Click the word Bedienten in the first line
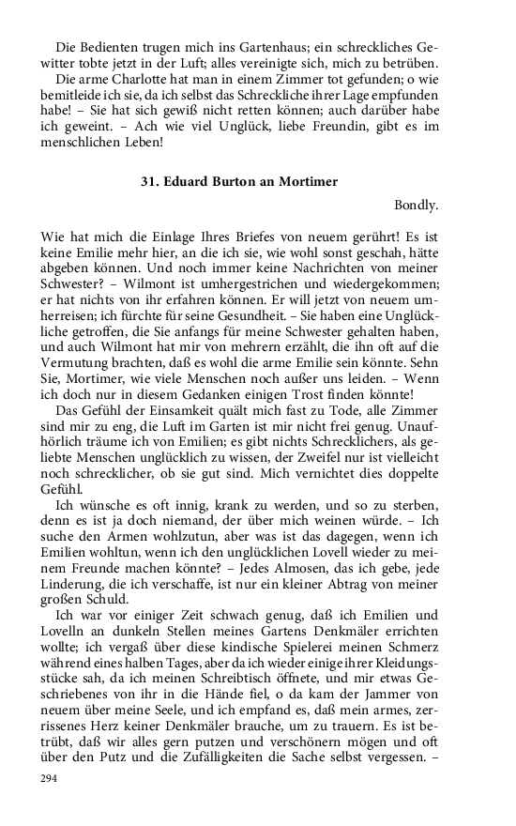pyautogui.click(x=110, y=47)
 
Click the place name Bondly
pyautogui.click(x=417, y=204)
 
